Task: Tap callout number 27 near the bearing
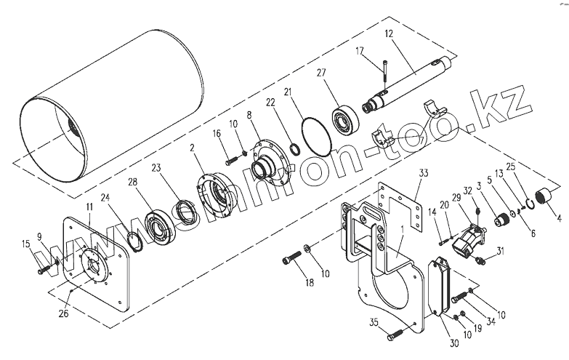pyautogui.click(x=322, y=73)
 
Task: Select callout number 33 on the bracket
pyautogui.click(x=425, y=174)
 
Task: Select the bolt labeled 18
pyautogui.click(x=292, y=258)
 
